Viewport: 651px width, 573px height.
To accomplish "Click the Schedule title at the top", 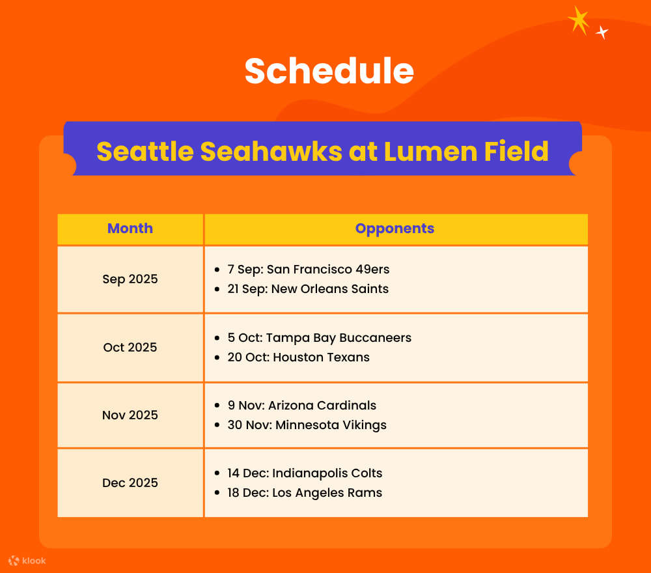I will pyautogui.click(x=329, y=70).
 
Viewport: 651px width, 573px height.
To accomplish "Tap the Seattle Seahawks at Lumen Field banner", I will pyautogui.click(x=322, y=151).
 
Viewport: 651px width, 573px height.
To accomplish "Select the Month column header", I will pyautogui.click(x=130, y=229).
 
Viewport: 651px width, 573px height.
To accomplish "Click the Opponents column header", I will pyautogui.click(x=395, y=229).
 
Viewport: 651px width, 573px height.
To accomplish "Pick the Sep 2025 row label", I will pyautogui.click(x=130, y=279).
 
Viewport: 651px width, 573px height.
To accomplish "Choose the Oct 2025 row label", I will pyautogui.click(x=130, y=347).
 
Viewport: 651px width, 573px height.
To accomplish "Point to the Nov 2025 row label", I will pyautogui.click(x=130, y=415).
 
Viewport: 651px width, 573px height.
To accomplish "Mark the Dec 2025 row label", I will pyautogui.click(x=130, y=482).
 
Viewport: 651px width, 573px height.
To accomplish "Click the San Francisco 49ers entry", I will pyautogui.click(x=309, y=269).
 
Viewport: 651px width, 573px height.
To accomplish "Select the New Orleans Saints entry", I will pyautogui.click(x=308, y=288).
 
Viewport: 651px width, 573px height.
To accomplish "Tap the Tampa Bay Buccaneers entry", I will pyautogui.click(x=320, y=338).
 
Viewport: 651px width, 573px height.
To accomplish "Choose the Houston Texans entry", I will pyautogui.click(x=298, y=357).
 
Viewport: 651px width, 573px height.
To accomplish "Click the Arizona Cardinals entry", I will pyautogui.click(x=302, y=405).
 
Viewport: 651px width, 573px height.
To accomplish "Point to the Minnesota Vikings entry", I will pyautogui.click(x=307, y=425).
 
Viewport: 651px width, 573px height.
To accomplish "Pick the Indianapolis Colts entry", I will pyautogui.click(x=305, y=473).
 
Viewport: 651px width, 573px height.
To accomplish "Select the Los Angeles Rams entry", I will pyautogui.click(x=305, y=492).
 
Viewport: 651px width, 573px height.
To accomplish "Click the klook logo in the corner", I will pyautogui.click(x=27, y=561).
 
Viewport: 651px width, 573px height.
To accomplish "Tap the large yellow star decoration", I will pyautogui.click(x=578, y=20).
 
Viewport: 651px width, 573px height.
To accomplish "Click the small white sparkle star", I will pyautogui.click(x=602, y=32).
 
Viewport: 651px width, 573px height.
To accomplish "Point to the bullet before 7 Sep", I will pyautogui.click(x=217, y=270).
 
